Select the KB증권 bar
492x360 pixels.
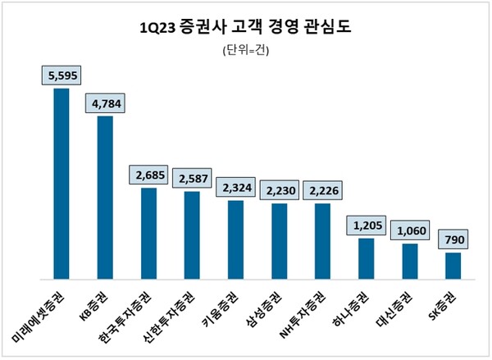tap(105, 197)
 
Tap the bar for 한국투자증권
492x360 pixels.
tap(148, 233)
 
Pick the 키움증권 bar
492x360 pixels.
tap(235, 239)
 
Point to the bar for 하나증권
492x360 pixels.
tap(366, 258)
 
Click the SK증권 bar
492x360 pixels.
tap(453, 266)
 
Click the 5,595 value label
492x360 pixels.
tap(61, 75)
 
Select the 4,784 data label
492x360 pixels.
tap(105, 103)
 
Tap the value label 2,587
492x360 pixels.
tap(193, 178)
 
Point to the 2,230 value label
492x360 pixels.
tap(279, 190)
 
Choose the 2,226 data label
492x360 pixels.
tap(322, 190)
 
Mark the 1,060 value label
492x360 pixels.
tap(409, 230)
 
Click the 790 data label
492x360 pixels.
tap(453, 240)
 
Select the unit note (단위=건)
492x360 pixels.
tap(245, 52)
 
